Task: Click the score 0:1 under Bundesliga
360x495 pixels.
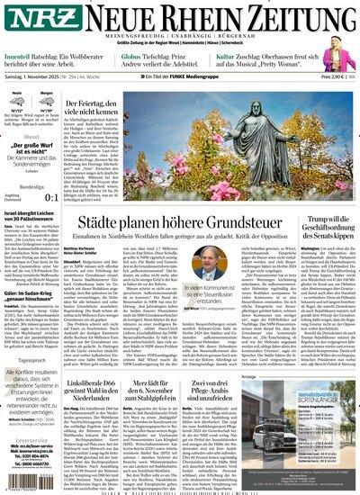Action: pos(53,196)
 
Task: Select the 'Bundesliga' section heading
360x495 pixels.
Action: pos(20,186)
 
